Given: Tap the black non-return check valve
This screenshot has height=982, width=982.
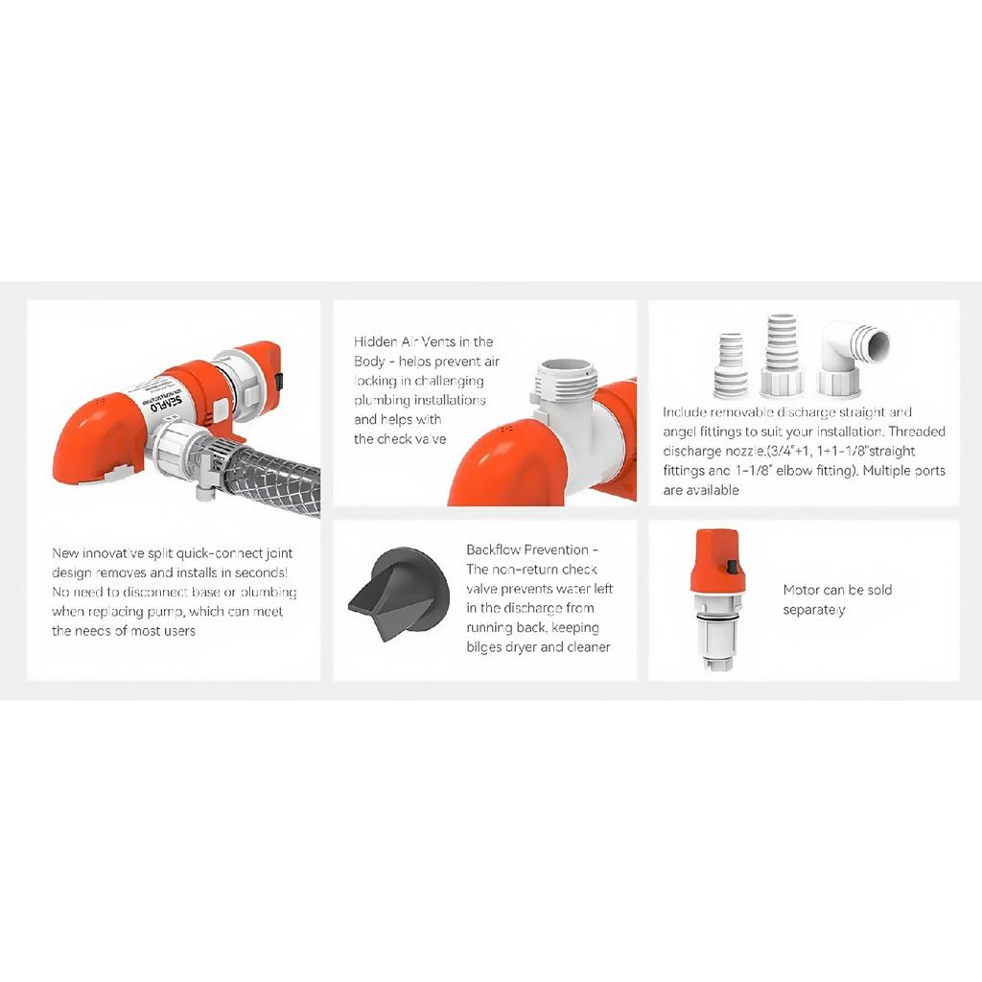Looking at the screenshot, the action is click(399, 595).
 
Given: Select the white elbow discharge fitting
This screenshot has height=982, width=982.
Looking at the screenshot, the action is click(853, 359).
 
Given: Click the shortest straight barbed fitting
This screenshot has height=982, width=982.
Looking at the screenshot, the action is click(731, 365).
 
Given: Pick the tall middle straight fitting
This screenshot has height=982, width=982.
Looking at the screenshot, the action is click(783, 357).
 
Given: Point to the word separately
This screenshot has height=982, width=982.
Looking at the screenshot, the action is click(814, 610).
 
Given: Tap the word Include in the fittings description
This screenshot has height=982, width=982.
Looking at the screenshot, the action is click(685, 412).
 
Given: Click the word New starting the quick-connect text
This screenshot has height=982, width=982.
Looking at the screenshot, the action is click(65, 553).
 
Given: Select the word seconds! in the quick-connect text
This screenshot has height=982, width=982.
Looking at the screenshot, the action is click(261, 573).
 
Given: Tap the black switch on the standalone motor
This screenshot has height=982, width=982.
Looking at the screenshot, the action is click(731, 568).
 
